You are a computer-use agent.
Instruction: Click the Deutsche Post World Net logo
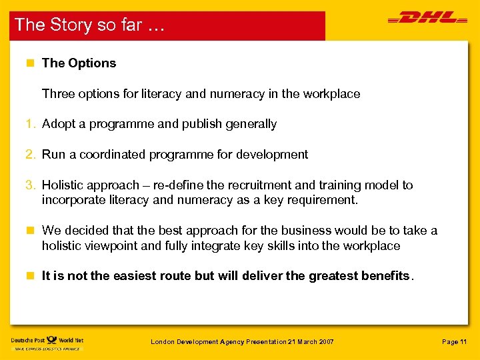click(x=47, y=343)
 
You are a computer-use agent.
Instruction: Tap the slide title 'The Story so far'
click(x=89, y=25)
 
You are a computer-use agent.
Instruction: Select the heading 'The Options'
click(x=79, y=63)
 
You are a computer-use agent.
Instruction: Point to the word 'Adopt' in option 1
click(x=57, y=124)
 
